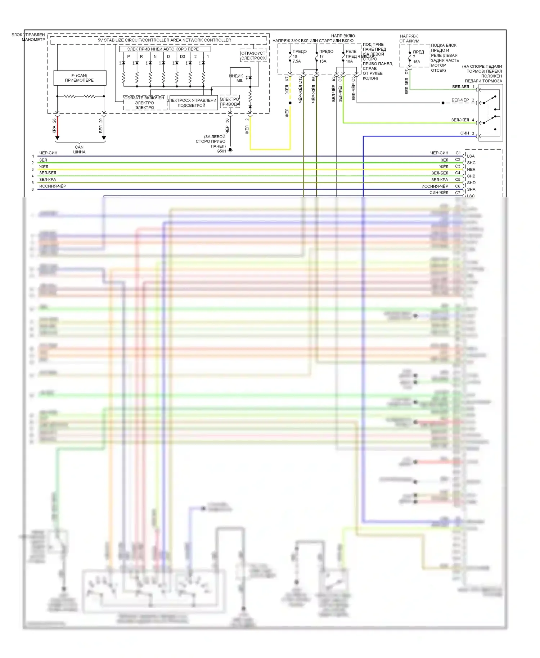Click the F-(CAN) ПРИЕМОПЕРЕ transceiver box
pos(80,78)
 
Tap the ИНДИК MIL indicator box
pos(240,77)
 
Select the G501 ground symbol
pos(230,151)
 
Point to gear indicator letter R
pos(141,57)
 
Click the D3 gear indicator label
pos(183,57)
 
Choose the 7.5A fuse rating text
pos(297,61)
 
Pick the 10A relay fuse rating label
pos(349,61)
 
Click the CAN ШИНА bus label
pos(79,149)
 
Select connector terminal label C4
pos(458,173)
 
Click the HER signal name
pos(471,170)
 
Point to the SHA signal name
pos(471,189)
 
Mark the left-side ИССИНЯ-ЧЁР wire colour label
pos(53,186)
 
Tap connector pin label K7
pos(287,78)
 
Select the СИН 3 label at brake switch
pos(467,133)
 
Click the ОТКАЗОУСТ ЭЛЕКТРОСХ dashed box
pos(253,55)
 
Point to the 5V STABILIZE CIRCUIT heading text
pos(165,40)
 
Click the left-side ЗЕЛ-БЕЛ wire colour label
pos(48,173)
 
